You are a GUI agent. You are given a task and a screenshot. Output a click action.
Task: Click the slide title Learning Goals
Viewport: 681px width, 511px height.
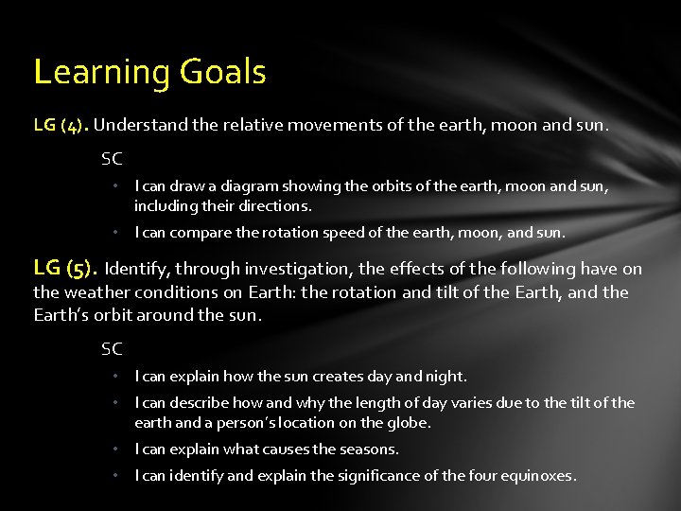149,72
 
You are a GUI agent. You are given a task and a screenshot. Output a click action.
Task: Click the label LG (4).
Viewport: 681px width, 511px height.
61,125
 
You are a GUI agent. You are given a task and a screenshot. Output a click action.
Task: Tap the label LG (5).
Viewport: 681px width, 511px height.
65,269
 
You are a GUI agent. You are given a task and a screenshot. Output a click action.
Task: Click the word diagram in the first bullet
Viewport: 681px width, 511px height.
222,187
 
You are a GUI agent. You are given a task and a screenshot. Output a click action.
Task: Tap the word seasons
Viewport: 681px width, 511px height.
370,449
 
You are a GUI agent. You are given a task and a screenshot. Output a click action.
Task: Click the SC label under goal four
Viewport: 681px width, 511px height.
112,160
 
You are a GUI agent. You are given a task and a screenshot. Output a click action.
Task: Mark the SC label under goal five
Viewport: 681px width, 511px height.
112,349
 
